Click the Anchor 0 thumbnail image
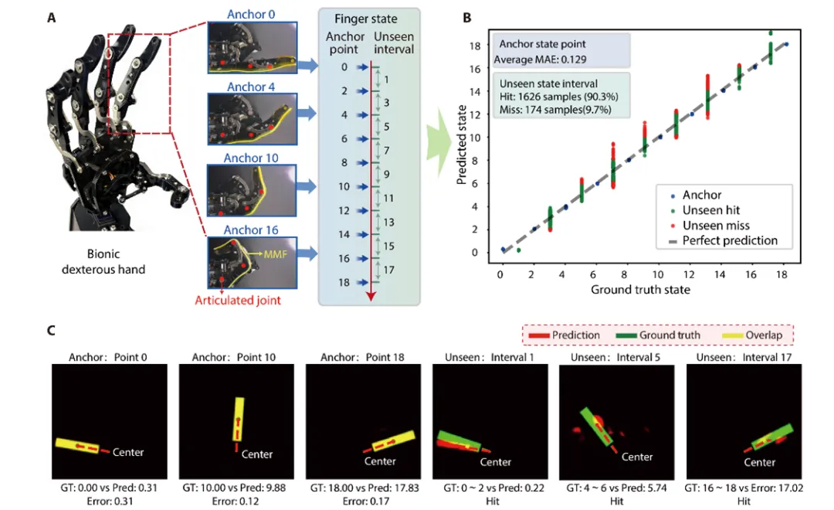252,47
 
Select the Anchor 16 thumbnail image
252,263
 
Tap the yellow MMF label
275,254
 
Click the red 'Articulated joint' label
238,301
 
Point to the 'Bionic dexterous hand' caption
103,261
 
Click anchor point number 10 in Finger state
344,187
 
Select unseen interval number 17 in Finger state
388,270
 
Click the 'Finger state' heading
366,19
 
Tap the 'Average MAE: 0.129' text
540,59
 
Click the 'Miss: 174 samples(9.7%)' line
555,110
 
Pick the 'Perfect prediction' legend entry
724,240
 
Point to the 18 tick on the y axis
474,46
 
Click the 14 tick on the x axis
720,274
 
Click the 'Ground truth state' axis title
640,290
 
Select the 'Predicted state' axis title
462,144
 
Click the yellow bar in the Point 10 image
238,420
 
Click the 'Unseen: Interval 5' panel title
615,357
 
